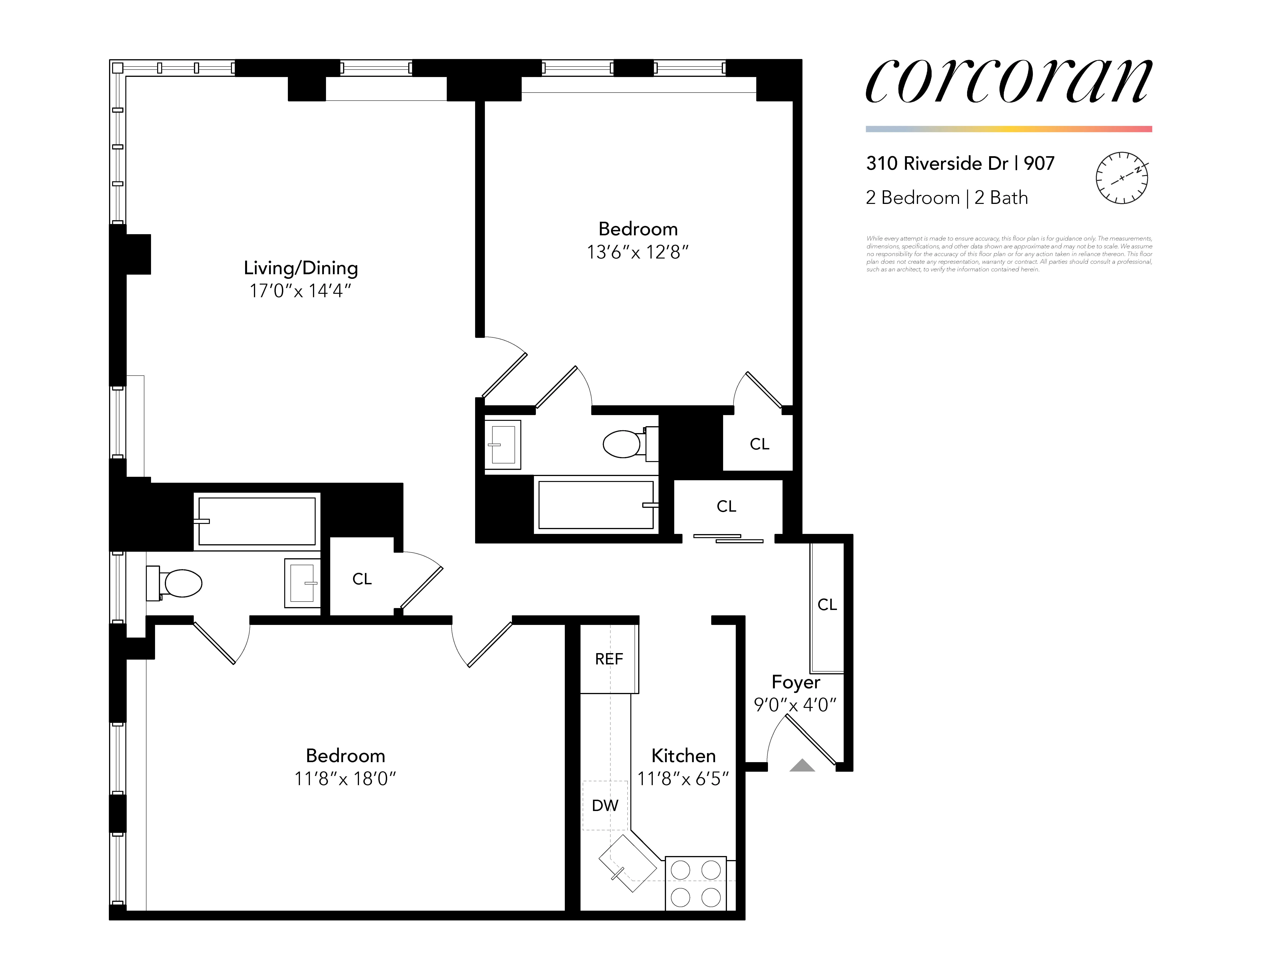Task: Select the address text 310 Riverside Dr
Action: (x=937, y=164)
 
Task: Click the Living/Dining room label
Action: (x=301, y=268)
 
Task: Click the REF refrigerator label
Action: (x=609, y=659)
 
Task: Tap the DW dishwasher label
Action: (x=605, y=805)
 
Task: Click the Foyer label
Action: (x=796, y=682)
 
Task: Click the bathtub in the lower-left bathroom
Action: (x=257, y=521)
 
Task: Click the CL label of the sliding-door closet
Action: (x=726, y=506)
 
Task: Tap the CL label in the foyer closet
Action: (x=827, y=604)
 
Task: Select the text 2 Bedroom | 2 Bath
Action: (x=947, y=198)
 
